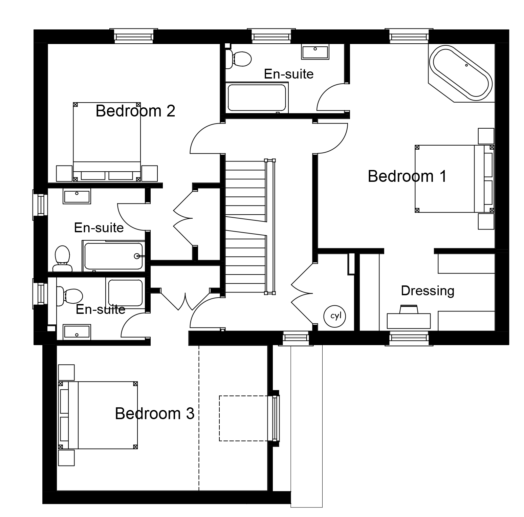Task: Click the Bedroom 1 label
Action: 407,176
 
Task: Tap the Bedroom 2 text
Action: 135,111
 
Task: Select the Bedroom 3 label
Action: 155,413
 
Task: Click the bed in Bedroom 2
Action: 107,142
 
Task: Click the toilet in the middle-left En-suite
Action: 62,258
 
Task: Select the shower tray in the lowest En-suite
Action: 125,293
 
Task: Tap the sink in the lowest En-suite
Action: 77,332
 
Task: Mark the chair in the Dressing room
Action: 409,309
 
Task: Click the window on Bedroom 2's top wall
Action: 134,36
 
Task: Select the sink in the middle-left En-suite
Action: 77,197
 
